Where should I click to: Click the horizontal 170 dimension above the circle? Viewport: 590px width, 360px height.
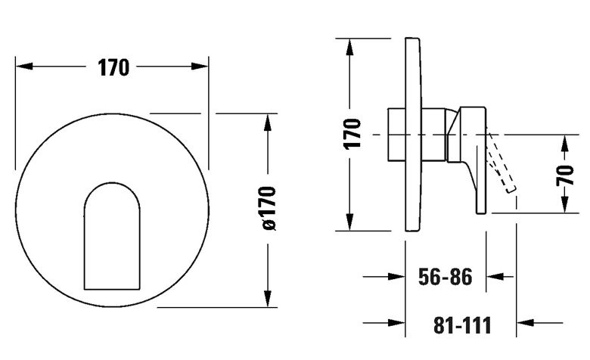coord(113,68)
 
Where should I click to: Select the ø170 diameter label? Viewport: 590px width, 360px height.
coord(269,208)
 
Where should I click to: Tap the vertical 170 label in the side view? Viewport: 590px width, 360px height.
coord(352,134)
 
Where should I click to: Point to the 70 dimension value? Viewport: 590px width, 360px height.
coord(565,175)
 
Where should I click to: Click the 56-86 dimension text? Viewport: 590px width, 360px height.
coord(445,277)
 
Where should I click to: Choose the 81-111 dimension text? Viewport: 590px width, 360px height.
coord(462,325)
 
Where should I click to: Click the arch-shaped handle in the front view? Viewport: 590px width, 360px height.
coord(112,236)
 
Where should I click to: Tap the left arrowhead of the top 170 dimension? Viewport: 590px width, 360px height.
coord(24,67)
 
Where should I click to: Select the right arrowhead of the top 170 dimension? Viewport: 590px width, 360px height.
coord(200,67)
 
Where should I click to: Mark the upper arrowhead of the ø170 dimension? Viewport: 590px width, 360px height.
coord(268,123)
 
